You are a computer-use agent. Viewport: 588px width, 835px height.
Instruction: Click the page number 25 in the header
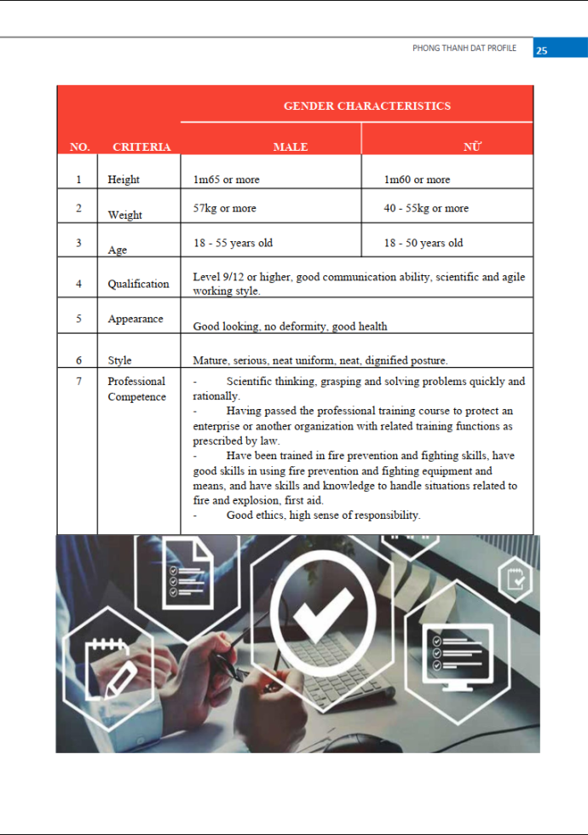click(x=542, y=49)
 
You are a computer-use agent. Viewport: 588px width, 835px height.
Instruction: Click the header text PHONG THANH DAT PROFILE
click(x=464, y=49)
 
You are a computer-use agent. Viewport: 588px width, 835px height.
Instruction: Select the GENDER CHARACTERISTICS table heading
click(x=366, y=106)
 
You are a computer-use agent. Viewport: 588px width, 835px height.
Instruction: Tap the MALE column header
click(x=291, y=147)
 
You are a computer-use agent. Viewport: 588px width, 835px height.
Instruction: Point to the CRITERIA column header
click(x=141, y=147)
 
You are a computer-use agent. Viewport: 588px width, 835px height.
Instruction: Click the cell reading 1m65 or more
click(x=227, y=180)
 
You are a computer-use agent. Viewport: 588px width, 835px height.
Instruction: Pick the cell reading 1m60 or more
click(x=417, y=180)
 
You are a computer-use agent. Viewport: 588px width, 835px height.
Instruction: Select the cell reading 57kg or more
click(x=224, y=208)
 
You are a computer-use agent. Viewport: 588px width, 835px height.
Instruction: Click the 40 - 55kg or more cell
click(x=426, y=208)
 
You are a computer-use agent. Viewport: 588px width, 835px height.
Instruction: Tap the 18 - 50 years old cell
click(x=424, y=243)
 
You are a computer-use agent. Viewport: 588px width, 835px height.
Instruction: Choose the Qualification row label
click(x=138, y=284)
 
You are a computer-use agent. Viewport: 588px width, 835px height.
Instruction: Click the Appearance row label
click(x=135, y=319)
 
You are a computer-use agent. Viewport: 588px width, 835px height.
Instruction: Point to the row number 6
click(x=78, y=360)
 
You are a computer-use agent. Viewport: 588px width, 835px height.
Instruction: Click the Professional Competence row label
click(x=136, y=389)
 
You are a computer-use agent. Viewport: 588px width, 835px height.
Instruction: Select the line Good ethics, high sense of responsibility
click(x=323, y=515)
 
